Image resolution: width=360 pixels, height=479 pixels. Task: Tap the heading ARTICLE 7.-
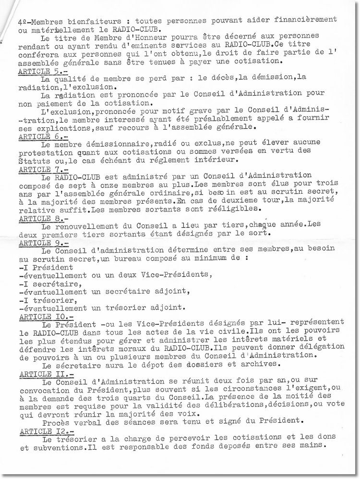[x=37, y=170]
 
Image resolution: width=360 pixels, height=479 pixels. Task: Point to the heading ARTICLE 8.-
[x=37, y=218]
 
